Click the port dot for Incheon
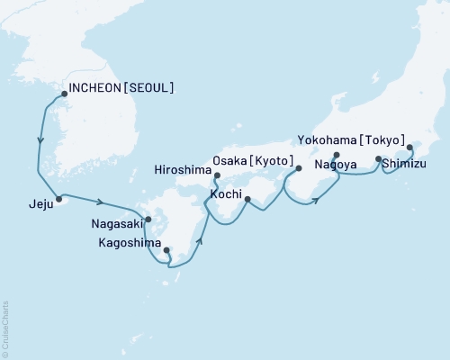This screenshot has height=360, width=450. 64,92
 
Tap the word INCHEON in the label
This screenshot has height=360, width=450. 96,88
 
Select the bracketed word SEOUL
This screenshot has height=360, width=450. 152,88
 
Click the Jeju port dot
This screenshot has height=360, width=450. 58,199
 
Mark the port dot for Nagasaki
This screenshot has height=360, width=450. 148,219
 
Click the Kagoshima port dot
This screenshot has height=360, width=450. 166,251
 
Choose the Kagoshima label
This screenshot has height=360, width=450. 130,243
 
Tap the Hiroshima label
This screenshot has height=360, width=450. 183,167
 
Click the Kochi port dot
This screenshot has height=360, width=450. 247,188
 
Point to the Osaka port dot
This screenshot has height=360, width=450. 299,168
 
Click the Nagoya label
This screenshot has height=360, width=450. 335,166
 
